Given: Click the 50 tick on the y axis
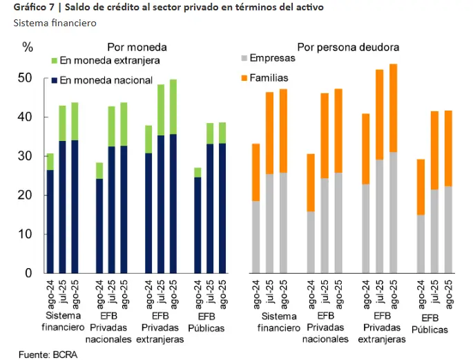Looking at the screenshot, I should click(x=26, y=78).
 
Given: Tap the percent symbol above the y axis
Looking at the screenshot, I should click(x=28, y=48).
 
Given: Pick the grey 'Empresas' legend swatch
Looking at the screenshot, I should click(x=243, y=59).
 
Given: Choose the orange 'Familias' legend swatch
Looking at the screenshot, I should click(x=243, y=78).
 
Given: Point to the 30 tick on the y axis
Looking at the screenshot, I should click(x=26, y=156).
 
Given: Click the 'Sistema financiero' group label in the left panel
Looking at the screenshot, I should click(x=63, y=321).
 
